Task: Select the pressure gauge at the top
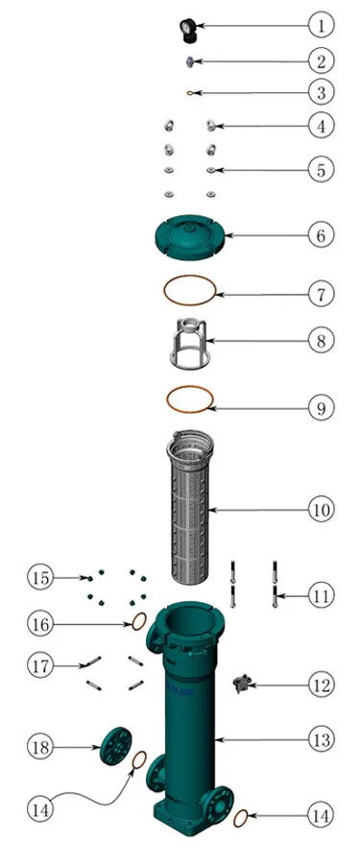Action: pos(188,29)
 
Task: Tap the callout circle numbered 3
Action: pos(322,92)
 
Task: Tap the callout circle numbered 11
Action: pos(322,596)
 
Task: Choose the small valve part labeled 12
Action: pos(242,684)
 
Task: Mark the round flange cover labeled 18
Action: pos(116,744)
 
